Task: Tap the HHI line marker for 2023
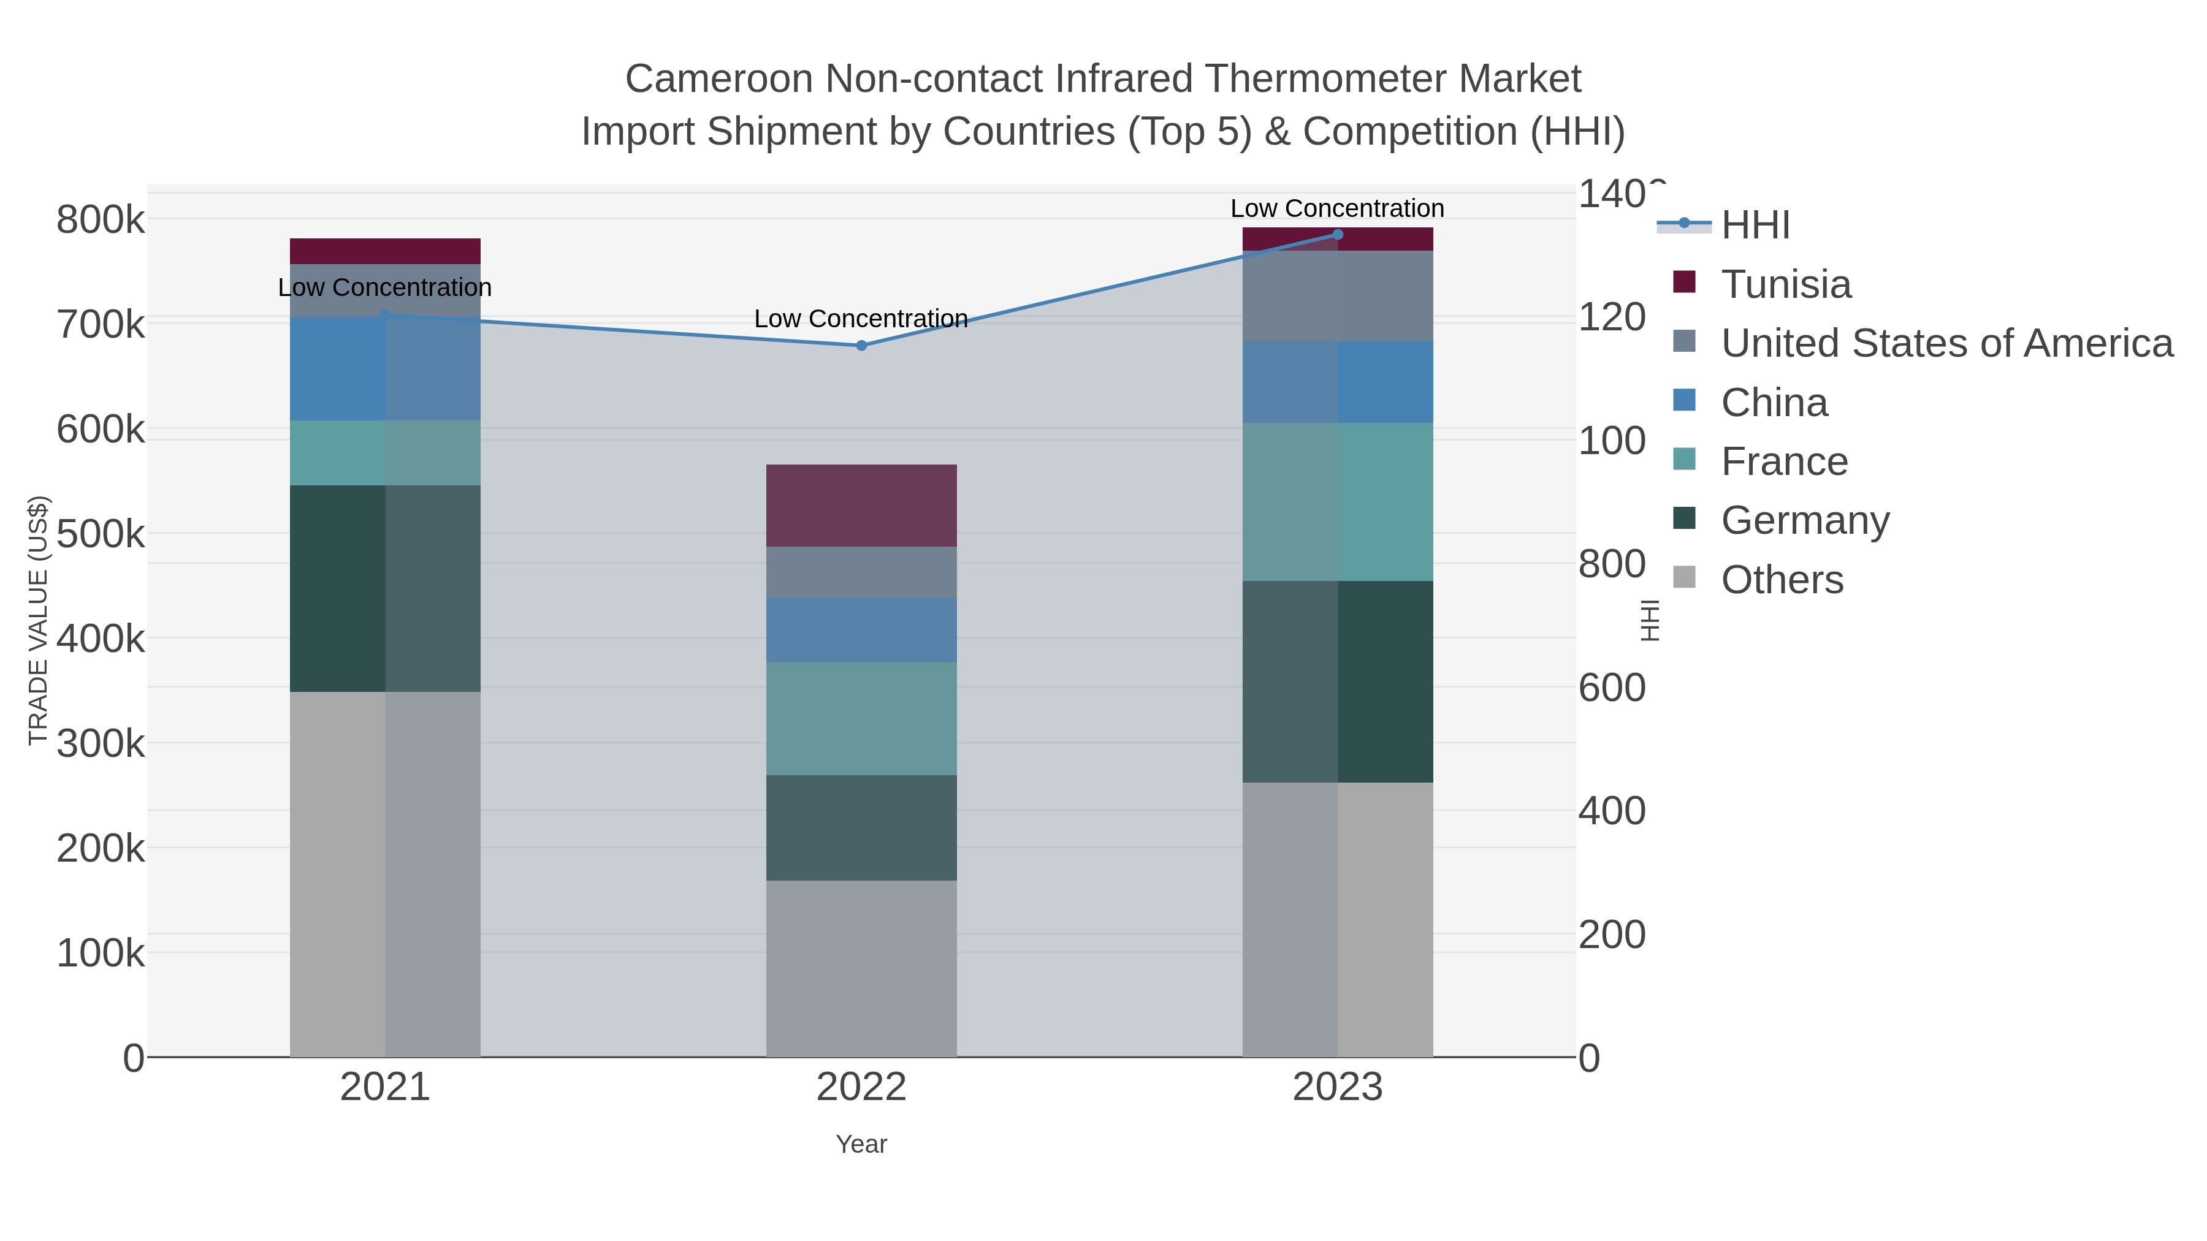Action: click(x=1338, y=235)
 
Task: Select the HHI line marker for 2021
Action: click(x=384, y=315)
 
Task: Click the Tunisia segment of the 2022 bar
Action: click(x=861, y=506)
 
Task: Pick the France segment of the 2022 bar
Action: click(x=861, y=719)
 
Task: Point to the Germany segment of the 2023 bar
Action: click(x=1338, y=681)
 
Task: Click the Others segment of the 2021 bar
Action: click(x=384, y=873)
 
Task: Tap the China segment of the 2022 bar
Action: click(x=861, y=631)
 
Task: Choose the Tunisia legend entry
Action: click(x=1785, y=284)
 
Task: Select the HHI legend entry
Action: click(x=1755, y=226)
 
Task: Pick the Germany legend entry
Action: click(x=1804, y=521)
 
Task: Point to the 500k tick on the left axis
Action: click(x=101, y=534)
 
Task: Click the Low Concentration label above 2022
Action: click(x=861, y=319)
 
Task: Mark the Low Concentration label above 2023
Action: click(x=1338, y=208)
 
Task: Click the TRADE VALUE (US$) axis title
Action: click(x=39, y=620)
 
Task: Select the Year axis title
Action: click(x=861, y=1144)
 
